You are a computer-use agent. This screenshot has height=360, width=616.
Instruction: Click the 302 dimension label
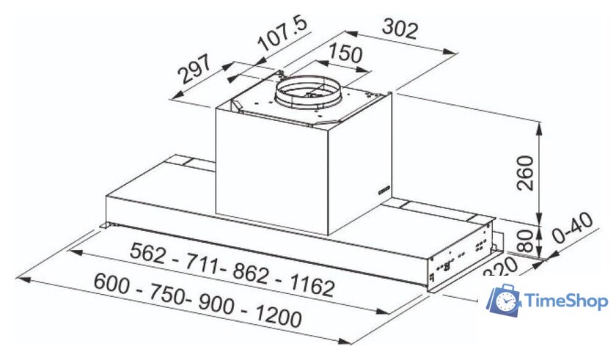click(400, 30)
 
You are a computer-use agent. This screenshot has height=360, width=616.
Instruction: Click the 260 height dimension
click(526, 172)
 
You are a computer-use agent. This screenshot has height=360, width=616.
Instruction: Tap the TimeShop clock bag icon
click(504, 300)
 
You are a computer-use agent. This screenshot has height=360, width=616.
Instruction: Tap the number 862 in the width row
click(253, 273)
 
